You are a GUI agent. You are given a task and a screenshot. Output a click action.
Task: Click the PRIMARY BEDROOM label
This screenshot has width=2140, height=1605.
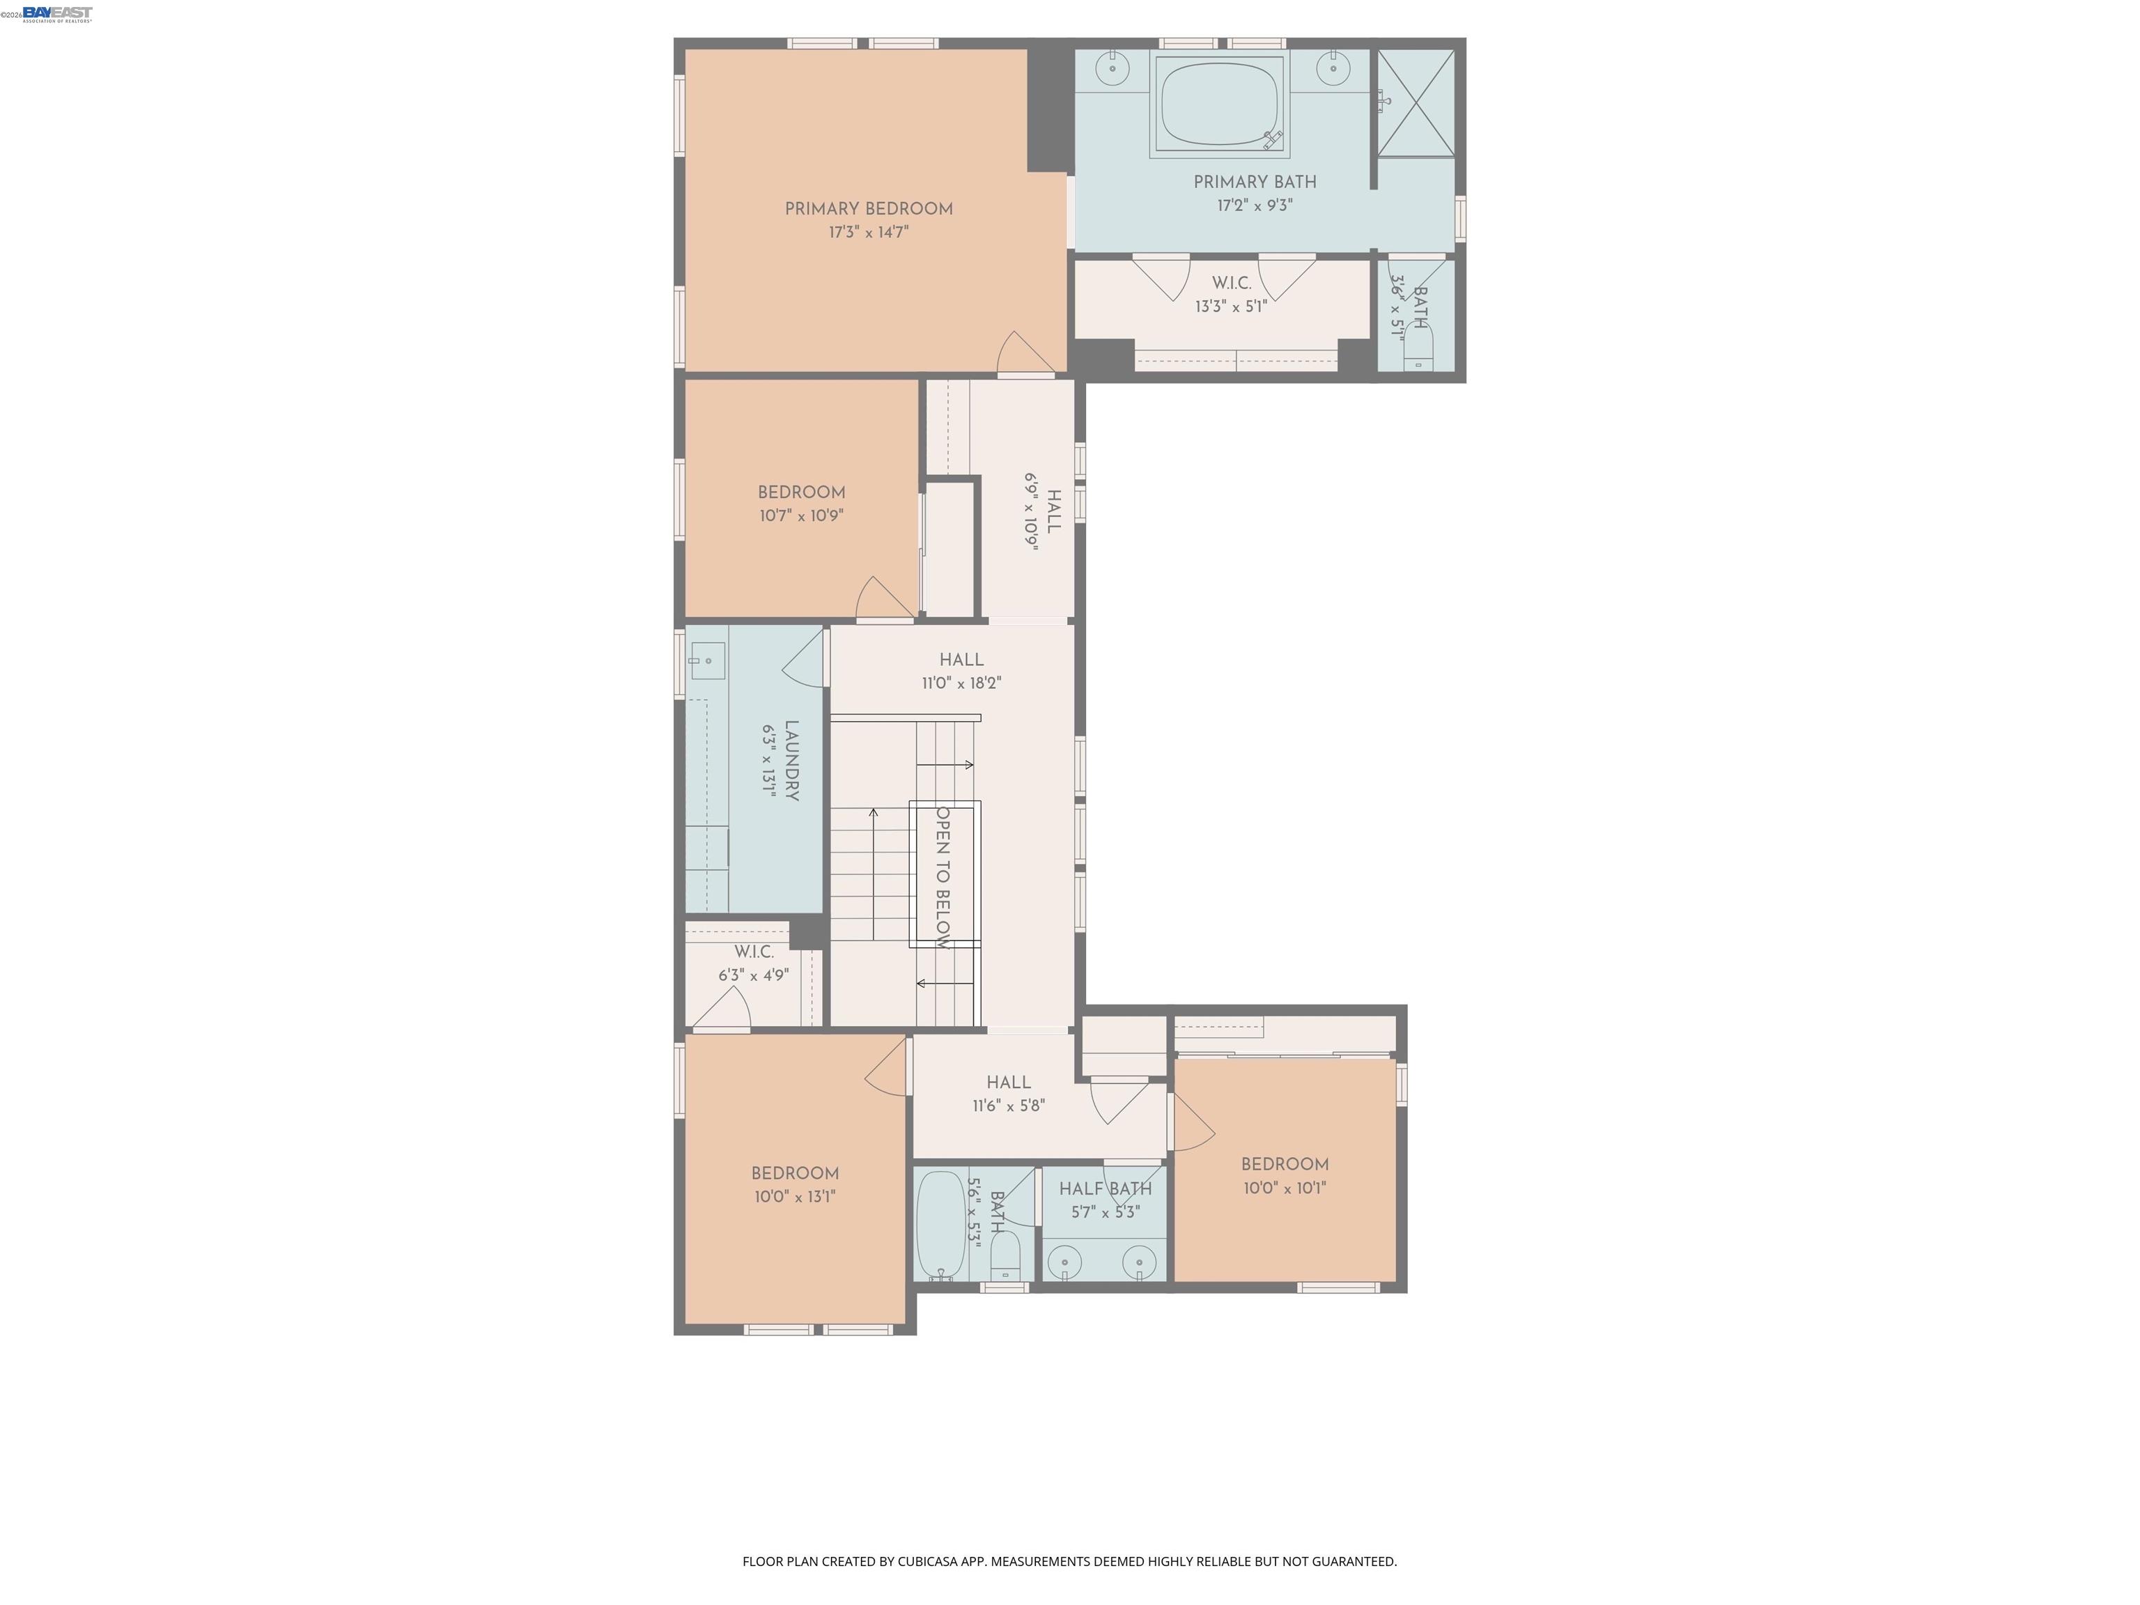coord(868,209)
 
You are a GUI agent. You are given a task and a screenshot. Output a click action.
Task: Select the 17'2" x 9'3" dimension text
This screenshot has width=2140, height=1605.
coord(1254,205)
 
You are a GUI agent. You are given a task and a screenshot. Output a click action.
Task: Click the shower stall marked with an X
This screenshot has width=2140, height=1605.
coord(1416,102)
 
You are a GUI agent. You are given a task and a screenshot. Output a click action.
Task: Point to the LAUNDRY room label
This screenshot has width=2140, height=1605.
coord(791,761)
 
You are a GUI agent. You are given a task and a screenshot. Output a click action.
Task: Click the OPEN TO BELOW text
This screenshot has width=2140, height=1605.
coord(943,876)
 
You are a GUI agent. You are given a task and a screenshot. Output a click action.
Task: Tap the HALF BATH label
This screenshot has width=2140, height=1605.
coord(1105,1189)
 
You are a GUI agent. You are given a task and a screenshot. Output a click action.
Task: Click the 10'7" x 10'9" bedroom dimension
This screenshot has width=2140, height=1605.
coord(801,515)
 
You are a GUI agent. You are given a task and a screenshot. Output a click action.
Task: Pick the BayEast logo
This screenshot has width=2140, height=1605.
coord(57,13)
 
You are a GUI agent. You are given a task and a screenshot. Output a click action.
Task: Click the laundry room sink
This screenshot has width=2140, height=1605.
coord(707,661)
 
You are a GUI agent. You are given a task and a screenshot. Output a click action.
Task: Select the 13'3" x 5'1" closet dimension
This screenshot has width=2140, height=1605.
coord(1231,307)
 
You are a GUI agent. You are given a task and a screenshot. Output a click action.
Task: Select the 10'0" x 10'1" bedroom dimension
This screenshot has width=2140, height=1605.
coord(1284,1188)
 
